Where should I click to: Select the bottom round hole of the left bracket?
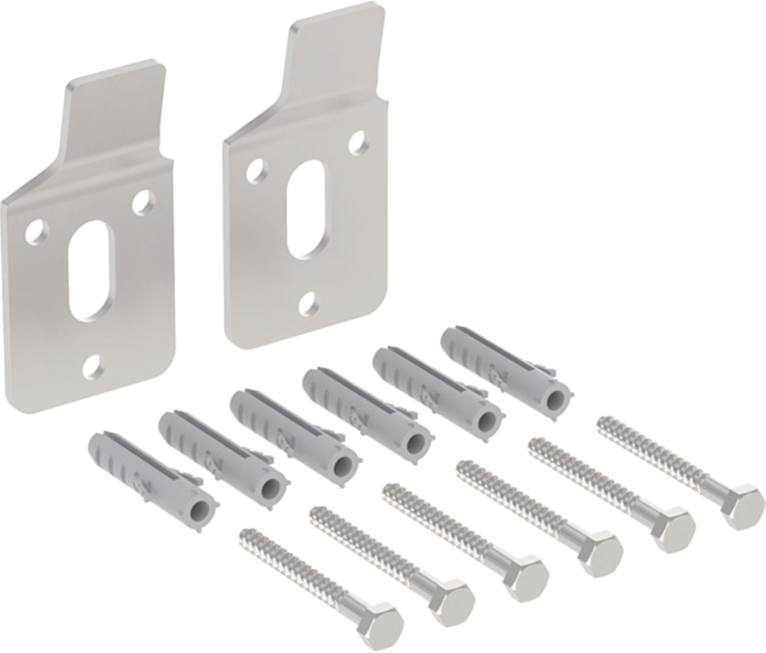click(x=93, y=366)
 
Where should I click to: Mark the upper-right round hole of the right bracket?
click(x=359, y=141)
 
